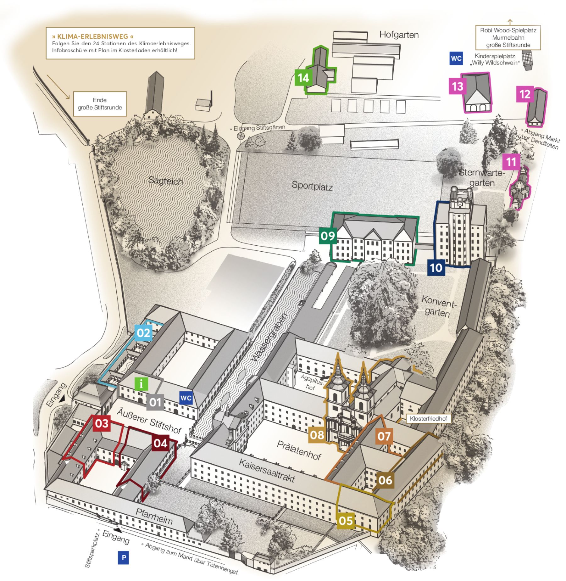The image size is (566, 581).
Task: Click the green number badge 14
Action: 303,77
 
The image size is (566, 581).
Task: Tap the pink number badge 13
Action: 457,86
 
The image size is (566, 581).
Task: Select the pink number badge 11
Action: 511,162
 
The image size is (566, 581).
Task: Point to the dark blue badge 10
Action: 436,268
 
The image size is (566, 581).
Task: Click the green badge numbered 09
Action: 328,236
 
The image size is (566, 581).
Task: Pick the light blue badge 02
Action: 143,332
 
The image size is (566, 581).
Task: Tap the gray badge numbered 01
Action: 155,402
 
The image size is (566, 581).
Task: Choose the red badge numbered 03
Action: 102,423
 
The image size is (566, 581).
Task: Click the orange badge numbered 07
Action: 384,436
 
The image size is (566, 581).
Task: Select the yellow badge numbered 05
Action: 346,521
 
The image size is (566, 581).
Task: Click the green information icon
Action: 141,384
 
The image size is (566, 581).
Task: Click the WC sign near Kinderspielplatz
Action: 456,59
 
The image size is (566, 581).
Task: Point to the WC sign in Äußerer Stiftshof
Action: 186,398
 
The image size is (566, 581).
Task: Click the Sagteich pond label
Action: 165,181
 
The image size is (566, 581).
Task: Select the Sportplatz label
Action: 312,186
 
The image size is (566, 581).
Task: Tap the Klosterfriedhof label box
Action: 429,419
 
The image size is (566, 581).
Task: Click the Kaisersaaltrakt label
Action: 267,471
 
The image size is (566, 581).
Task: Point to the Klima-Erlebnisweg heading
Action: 93,36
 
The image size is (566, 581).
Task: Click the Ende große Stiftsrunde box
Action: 100,104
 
